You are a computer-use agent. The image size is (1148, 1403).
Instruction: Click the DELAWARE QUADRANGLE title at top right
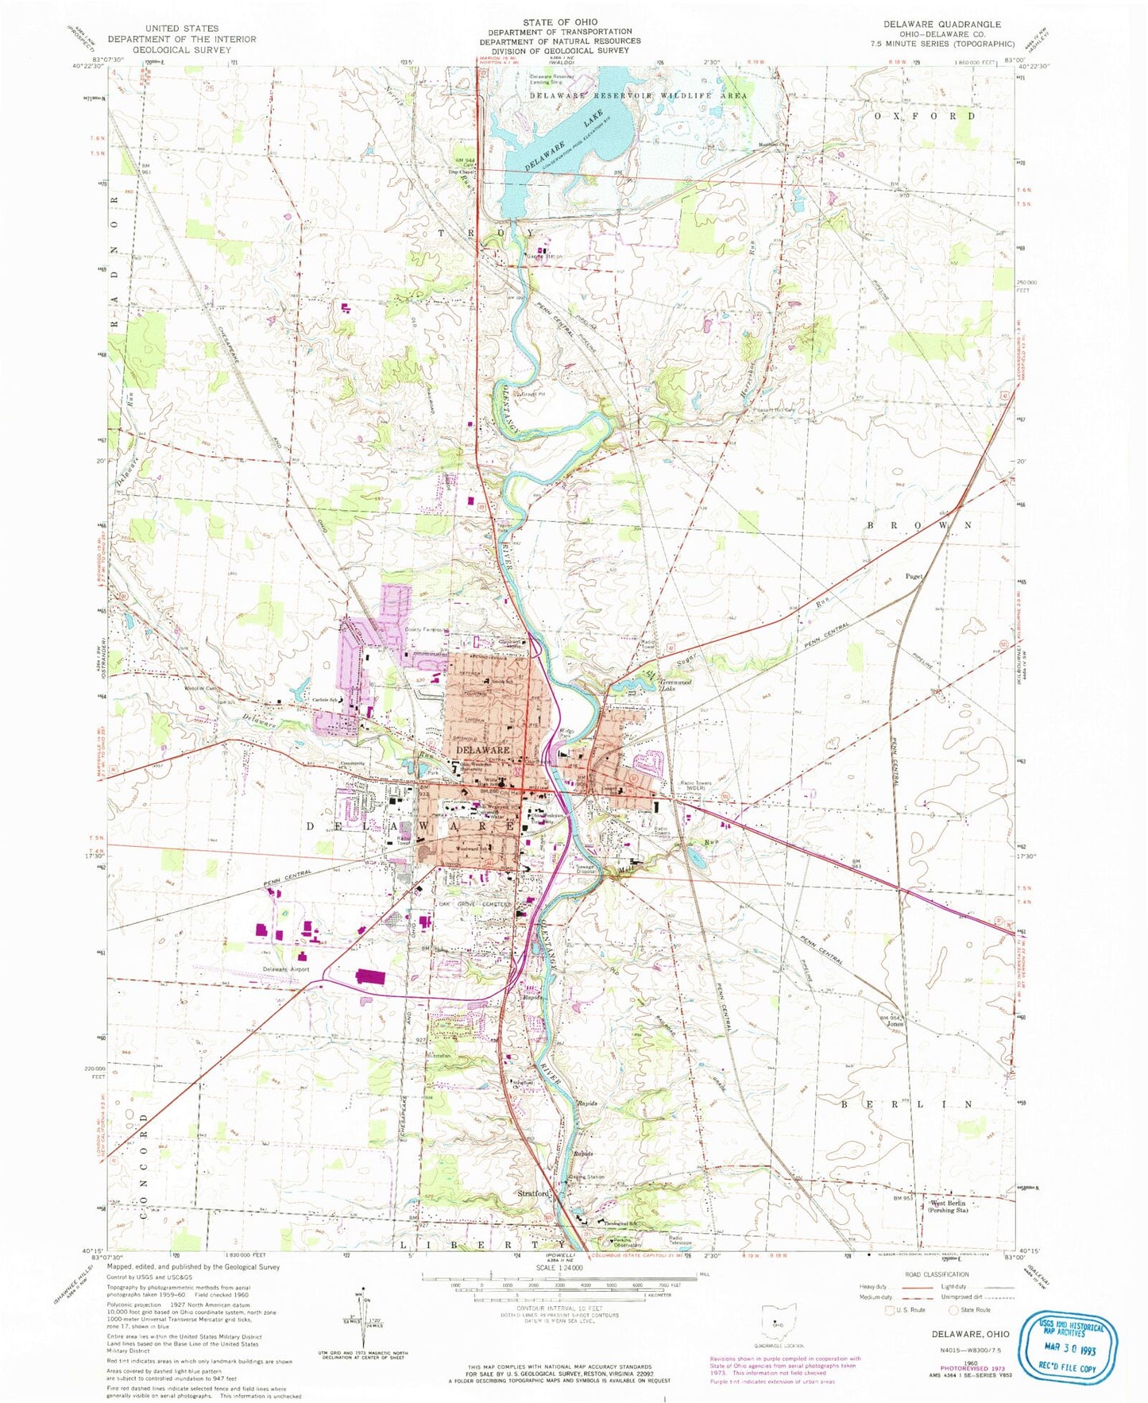[x=941, y=25]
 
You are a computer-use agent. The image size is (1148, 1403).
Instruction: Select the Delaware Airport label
[x=286, y=970]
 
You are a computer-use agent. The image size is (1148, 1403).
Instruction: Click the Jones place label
[x=895, y=1024]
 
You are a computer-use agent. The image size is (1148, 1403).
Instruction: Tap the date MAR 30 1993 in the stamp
[x=1071, y=1348]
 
